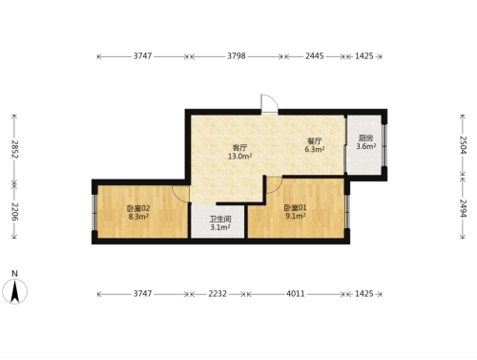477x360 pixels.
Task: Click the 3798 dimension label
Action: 237,56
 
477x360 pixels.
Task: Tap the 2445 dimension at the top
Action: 315,56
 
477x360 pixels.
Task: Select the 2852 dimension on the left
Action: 15,149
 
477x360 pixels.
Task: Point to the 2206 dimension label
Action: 15,211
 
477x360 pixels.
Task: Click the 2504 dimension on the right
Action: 463,145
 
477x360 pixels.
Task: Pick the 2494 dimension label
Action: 463,208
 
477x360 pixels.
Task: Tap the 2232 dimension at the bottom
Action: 218,293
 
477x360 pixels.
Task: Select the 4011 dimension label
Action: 296,293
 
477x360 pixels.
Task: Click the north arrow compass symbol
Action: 14,291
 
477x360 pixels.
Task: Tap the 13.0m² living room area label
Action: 239,157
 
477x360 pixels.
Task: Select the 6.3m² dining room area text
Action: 315,149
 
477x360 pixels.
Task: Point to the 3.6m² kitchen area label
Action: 366,146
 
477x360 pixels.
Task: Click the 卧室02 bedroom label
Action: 138,208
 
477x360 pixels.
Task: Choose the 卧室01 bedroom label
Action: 295,208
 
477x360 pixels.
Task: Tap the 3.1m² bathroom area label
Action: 220,227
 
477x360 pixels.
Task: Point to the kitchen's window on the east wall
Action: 384,145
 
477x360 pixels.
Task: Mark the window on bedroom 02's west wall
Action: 94,212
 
